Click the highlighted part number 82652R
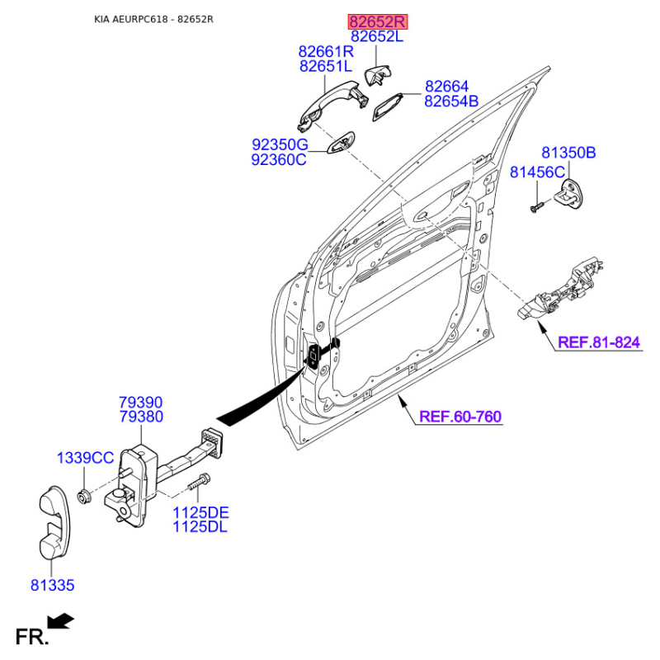377,22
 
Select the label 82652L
377,37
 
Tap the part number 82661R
326,51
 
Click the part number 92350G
279,144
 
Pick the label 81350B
568,153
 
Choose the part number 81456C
537,172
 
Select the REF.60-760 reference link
460,417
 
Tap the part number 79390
141,403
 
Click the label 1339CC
85,458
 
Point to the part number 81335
53,586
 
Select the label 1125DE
200,512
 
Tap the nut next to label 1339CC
83,495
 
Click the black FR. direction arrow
60,620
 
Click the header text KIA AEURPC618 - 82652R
153,19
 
